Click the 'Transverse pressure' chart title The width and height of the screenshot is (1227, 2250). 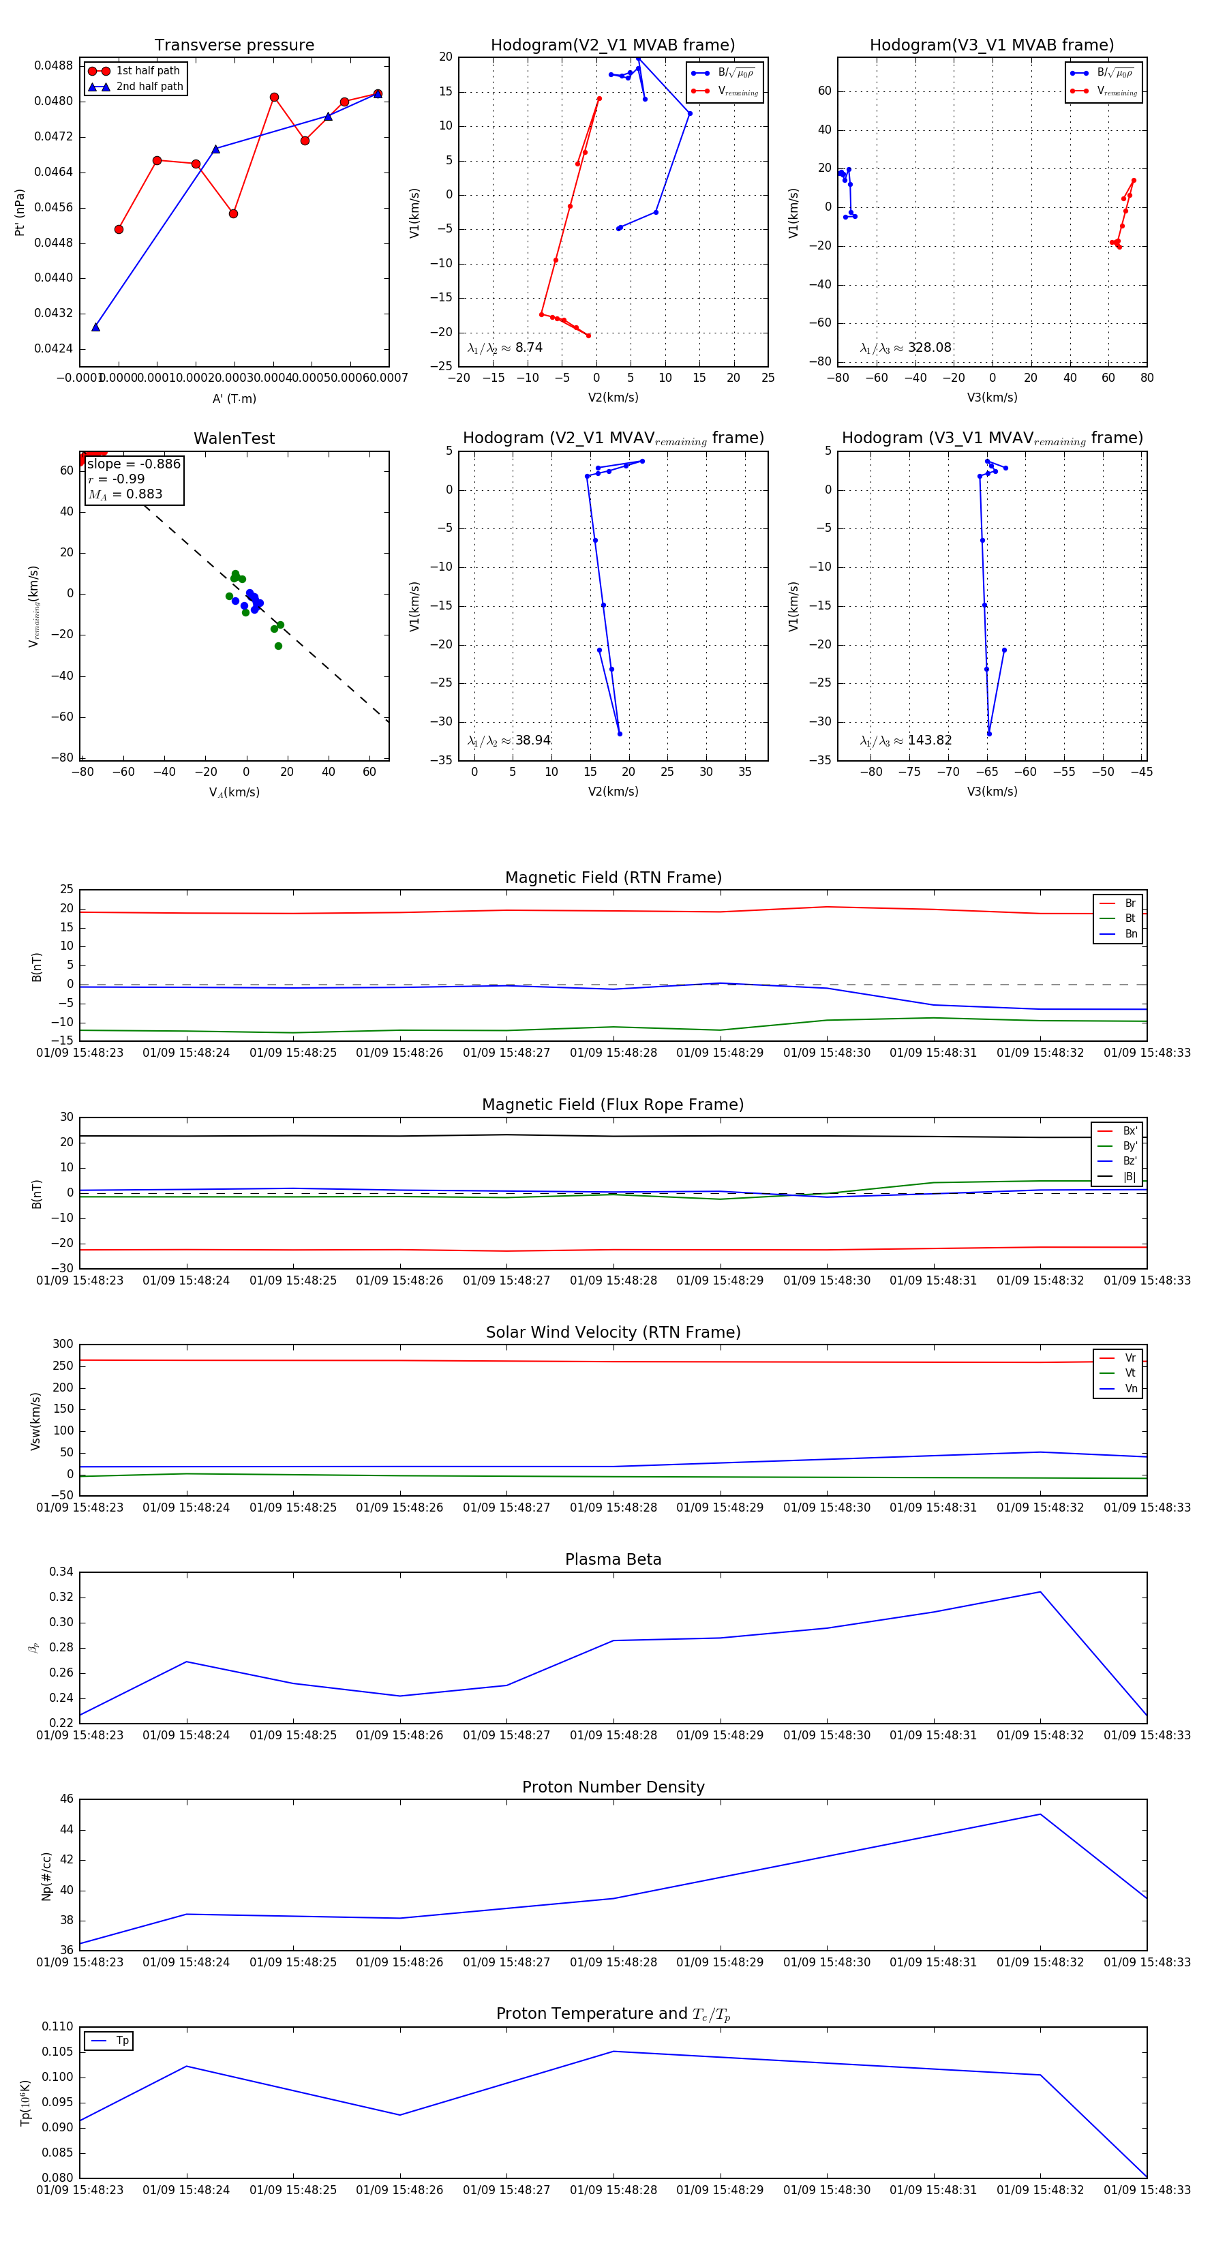pyautogui.click(x=234, y=46)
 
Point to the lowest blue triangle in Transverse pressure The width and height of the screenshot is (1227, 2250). pyautogui.click(x=96, y=327)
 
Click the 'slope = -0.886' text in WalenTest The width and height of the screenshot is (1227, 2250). pyautogui.click(x=134, y=464)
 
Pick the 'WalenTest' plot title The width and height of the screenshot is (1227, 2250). pyautogui.click(x=234, y=438)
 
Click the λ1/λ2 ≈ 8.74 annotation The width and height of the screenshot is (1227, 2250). pyautogui.click(x=504, y=348)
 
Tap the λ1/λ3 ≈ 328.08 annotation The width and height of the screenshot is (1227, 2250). pyautogui.click(x=906, y=348)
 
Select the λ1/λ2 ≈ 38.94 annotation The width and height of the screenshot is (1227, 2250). pyautogui.click(x=509, y=740)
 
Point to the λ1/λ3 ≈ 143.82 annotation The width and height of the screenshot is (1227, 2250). pyautogui.click(x=906, y=740)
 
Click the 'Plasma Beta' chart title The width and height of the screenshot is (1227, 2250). pyautogui.click(x=613, y=1559)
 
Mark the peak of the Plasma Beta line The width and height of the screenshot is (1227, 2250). pyautogui.click(x=1040, y=1591)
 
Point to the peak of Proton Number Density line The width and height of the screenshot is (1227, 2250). pyautogui.click(x=1040, y=1814)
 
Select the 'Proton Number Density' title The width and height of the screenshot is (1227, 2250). pyautogui.click(x=613, y=1787)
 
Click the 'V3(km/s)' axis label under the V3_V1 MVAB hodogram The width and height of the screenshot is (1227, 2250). pyautogui.click(x=992, y=397)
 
